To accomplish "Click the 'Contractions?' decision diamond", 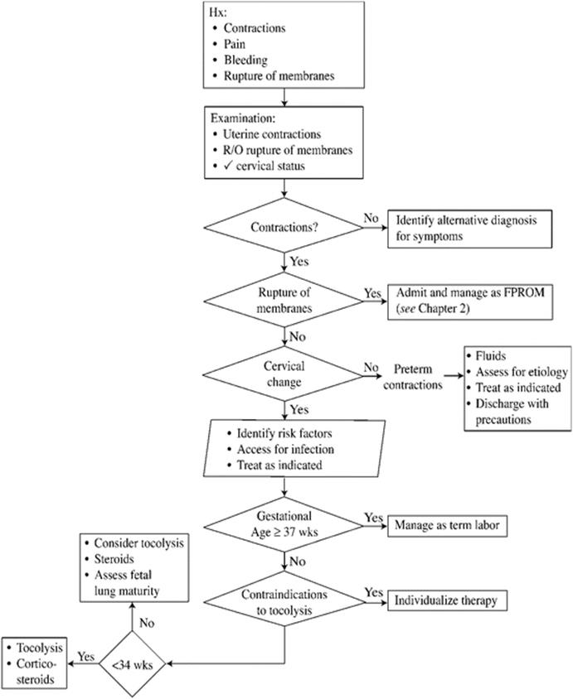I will [286, 228].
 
